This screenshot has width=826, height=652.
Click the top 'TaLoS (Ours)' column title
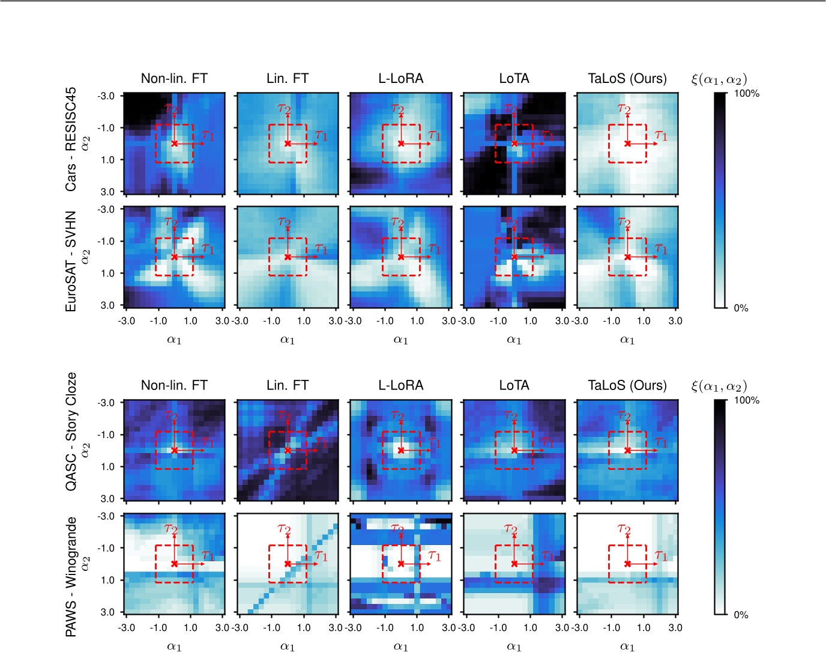click(627, 79)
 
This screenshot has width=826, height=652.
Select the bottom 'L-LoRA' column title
click(400, 385)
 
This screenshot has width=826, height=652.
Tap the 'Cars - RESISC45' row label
click(71, 139)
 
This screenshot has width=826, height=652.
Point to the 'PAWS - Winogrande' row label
click(71, 576)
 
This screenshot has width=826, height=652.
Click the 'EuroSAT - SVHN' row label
click(71, 261)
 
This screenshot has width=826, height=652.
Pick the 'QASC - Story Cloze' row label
click(71, 431)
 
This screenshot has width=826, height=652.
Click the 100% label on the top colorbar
click(747, 94)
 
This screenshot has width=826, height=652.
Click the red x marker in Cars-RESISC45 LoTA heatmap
click(514, 144)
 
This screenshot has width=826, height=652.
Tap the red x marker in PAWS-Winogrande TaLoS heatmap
click(627, 564)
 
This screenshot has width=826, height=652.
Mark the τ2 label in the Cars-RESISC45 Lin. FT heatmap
click(284, 108)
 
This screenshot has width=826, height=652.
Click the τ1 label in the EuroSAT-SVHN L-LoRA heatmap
click(435, 249)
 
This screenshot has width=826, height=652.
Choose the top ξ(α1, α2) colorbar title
click(719, 79)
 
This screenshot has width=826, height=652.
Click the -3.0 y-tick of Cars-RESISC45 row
click(106, 96)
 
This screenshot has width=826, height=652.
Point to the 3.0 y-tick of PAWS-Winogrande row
click(108, 612)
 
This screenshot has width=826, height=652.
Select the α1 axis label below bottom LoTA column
click(514, 647)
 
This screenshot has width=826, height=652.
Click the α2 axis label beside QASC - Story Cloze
click(86, 450)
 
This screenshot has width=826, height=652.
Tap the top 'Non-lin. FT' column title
click(174, 79)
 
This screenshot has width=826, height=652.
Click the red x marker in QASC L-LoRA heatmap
click(400, 450)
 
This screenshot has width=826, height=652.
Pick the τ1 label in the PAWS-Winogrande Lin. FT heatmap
click(321, 556)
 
